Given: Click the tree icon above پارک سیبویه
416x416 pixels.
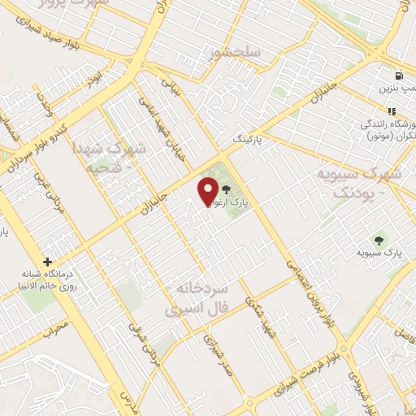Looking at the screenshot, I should click(379, 240).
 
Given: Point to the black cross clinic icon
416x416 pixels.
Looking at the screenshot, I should click(48, 262).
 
